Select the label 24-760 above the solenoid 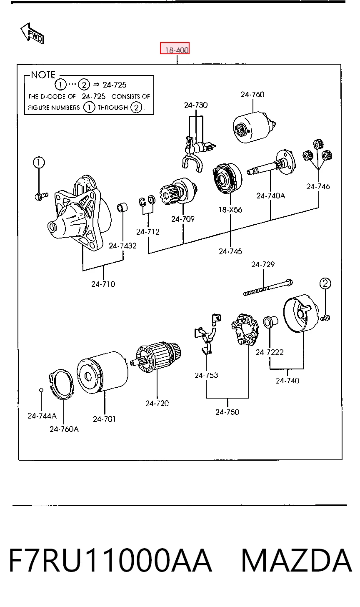(252, 94)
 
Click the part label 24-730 (196, 105)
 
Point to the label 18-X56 (230, 209)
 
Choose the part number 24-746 (318, 186)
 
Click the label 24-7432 (123, 246)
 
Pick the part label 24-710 (103, 284)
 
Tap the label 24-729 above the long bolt (263, 264)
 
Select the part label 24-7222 (270, 352)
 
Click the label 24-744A (42, 416)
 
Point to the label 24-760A (64, 429)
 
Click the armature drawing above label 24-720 (155, 357)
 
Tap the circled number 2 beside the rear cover (325, 283)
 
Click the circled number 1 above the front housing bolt (39, 162)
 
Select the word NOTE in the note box (43, 75)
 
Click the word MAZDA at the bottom (296, 560)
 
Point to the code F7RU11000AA (110, 560)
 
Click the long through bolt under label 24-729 (268, 288)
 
